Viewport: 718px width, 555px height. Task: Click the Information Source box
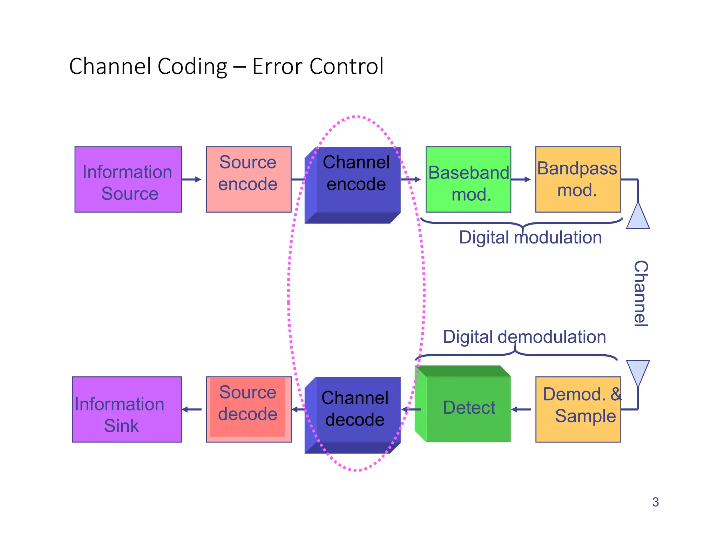pos(128,179)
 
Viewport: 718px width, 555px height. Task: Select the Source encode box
pos(249,179)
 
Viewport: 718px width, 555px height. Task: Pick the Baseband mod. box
pos(468,179)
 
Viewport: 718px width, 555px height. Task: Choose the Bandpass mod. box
pos(578,179)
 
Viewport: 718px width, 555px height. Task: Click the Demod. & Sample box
pos(578,409)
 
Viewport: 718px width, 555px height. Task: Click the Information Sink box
pos(127,409)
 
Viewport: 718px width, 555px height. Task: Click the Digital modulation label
pos(530,238)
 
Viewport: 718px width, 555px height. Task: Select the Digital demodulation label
pos(524,337)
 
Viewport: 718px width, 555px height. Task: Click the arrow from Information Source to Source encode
pos(191,179)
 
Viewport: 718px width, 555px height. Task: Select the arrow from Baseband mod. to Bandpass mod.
pos(521,179)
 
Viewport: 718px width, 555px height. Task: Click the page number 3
pos(655,502)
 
